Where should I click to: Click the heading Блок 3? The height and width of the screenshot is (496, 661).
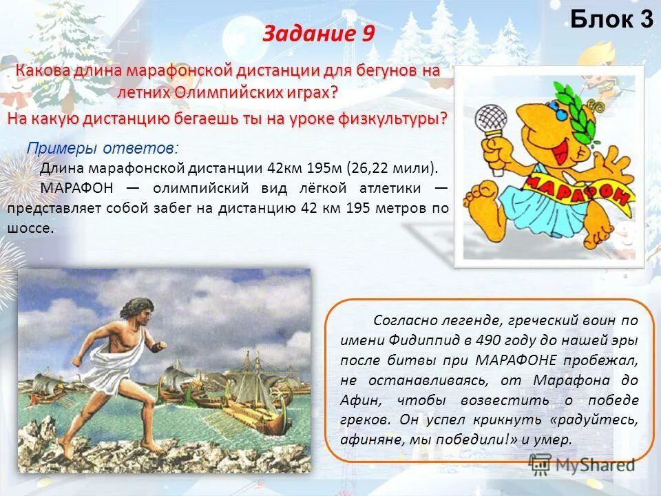tap(611, 20)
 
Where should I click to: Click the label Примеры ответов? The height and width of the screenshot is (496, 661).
tap(101, 148)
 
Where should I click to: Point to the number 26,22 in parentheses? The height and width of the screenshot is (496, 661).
tap(370, 167)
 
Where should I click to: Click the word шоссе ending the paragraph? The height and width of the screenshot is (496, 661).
tap(29, 229)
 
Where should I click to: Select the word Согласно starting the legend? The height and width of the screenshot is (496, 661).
tap(400, 320)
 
